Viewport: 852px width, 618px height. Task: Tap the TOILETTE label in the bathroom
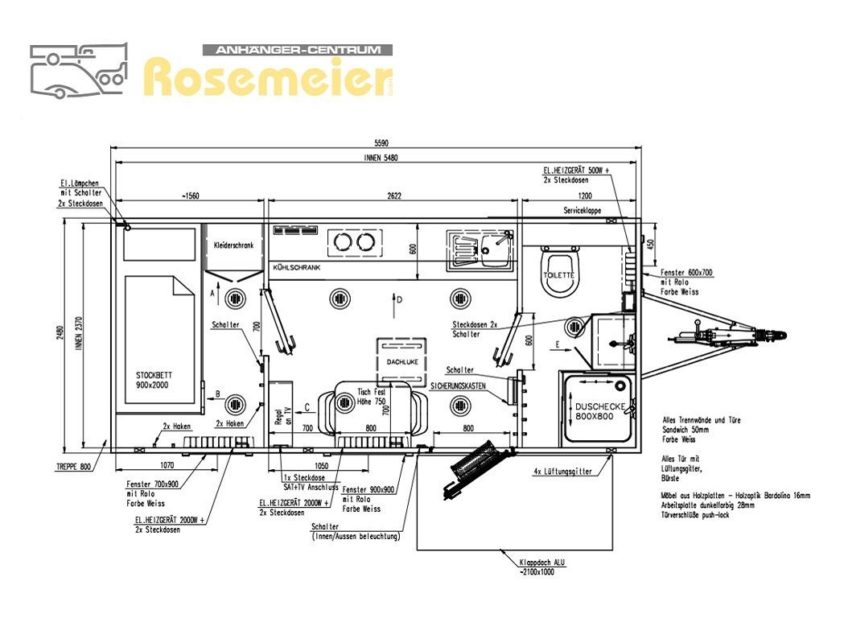[x=561, y=274]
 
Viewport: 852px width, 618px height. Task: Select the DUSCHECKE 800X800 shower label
[x=595, y=412]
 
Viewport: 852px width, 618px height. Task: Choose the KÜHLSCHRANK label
[x=297, y=266]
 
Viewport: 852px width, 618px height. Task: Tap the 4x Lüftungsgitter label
[x=562, y=472]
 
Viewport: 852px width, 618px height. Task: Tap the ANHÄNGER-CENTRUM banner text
[x=297, y=50]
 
